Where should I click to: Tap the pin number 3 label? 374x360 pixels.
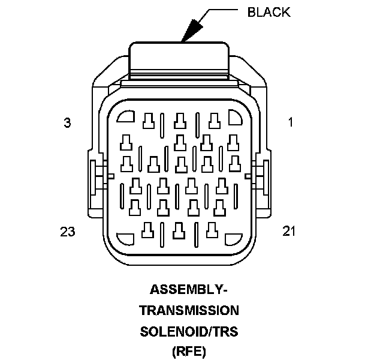pyautogui.click(x=67, y=123)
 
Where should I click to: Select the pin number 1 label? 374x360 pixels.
pyautogui.click(x=290, y=123)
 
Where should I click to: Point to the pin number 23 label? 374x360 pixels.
pyautogui.click(x=67, y=231)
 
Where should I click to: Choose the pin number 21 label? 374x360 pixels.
pyautogui.click(x=289, y=231)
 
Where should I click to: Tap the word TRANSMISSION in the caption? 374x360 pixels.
pyautogui.click(x=189, y=310)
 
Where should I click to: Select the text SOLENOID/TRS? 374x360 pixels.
pyautogui.click(x=189, y=331)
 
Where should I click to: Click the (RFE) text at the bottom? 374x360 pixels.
pyautogui.click(x=189, y=350)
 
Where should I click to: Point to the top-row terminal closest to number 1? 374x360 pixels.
pyautogui.click(x=212, y=121)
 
